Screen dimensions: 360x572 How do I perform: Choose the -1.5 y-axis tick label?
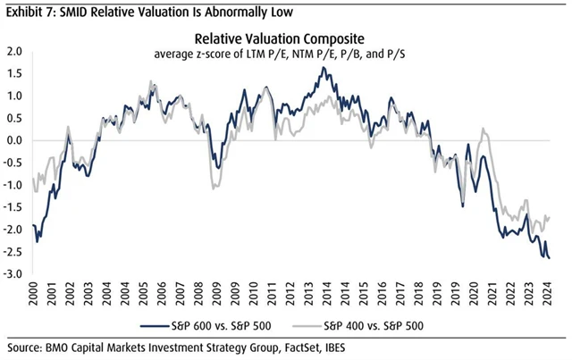[14, 207]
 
